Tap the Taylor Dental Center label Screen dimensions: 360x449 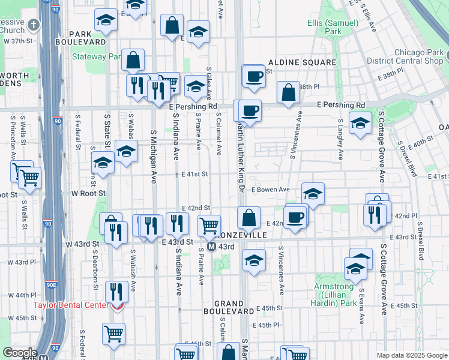(71, 304)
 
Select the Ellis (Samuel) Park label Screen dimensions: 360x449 (324, 26)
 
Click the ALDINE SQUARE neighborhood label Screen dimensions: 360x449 (302, 62)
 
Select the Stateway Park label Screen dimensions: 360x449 (96, 57)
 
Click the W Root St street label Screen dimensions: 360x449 (88, 193)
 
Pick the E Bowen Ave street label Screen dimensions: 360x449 (270, 190)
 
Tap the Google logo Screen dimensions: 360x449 (19, 353)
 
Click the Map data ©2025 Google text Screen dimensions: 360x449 (411, 355)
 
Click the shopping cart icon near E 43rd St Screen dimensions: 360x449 (209, 226)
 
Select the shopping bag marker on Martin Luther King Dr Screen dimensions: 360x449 (248, 217)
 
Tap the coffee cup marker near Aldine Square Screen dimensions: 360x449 (254, 76)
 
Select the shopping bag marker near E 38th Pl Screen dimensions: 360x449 (289, 92)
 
